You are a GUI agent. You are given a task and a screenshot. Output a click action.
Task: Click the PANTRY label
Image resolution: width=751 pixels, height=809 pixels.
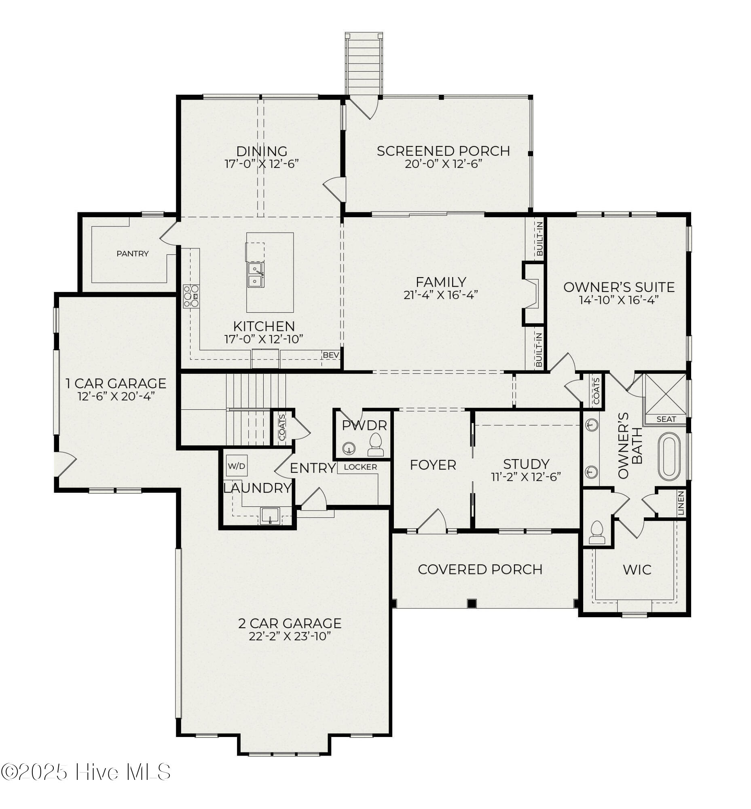[133, 254]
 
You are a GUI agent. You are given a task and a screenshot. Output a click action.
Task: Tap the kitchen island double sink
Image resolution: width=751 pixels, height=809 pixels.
[256, 275]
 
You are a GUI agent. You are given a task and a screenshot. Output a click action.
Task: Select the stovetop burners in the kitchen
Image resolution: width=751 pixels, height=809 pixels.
[191, 296]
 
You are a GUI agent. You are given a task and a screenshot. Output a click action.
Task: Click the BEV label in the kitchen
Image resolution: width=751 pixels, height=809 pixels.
[331, 355]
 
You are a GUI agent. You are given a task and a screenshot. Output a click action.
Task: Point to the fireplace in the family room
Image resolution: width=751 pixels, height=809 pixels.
[532, 294]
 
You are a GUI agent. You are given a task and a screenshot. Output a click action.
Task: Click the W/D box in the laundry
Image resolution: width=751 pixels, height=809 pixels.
[237, 466]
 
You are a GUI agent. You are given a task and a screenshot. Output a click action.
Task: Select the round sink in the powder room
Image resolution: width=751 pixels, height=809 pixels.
[348, 449]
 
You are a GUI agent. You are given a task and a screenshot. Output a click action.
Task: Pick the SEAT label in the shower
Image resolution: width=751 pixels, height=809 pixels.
[666, 419]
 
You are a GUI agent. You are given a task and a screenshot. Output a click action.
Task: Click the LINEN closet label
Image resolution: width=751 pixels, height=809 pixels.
[681, 503]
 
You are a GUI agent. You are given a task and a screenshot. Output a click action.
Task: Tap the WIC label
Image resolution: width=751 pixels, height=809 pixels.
[637, 570]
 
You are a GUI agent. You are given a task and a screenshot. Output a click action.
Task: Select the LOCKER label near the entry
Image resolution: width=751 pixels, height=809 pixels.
[360, 467]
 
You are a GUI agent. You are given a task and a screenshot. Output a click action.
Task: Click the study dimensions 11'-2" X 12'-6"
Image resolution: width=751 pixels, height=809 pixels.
[526, 477]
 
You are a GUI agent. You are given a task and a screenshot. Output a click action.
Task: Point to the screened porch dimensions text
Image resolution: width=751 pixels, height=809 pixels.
[443, 164]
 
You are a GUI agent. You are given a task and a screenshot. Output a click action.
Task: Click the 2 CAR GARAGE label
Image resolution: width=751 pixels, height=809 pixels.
[290, 623]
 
